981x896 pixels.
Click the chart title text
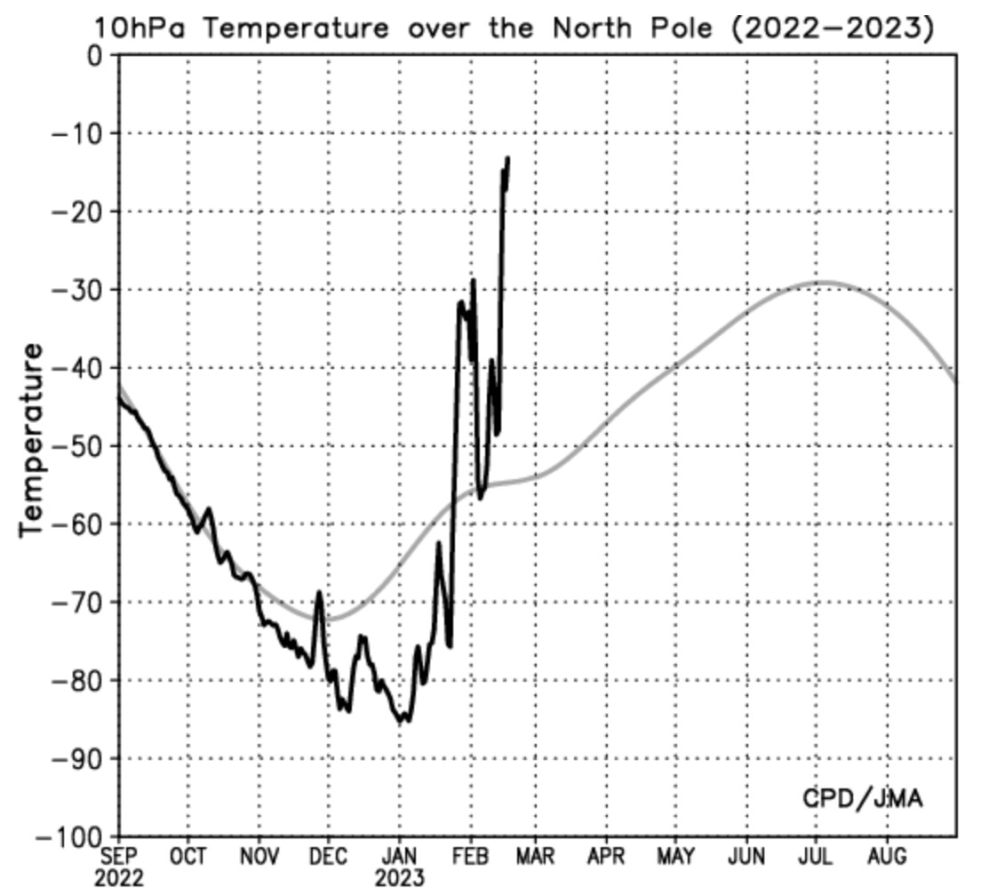pos(514,28)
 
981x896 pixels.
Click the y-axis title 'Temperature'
pos(32,439)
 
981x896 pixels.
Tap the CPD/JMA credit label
pos(862,797)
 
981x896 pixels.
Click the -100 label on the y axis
pos(71,837)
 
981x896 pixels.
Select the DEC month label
pos(329,857)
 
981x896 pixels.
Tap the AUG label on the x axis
pos(886,857)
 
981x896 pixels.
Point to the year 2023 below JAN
pos(399,878)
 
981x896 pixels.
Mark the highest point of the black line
pos(507,158)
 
